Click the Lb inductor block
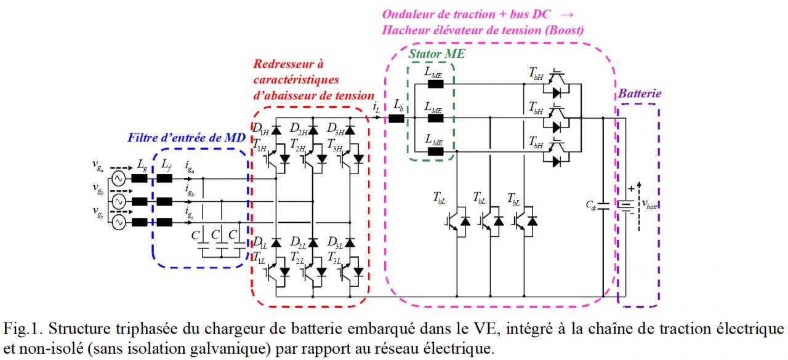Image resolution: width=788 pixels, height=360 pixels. (x=396, y=119)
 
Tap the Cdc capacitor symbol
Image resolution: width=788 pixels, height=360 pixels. (x=603, y=206)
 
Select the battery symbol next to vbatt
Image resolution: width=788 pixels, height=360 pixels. (x=626, y=206)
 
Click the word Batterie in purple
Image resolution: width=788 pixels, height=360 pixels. (x=640, y=94)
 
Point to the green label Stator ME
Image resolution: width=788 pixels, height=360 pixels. (x=436, y=54)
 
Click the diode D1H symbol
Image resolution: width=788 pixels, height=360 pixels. (x=276, y=130)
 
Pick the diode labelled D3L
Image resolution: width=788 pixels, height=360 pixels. (x=350, y=242)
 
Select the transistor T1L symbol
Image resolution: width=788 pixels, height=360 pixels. (x=277, y=272)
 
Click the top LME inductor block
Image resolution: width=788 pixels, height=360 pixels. (x=435, y=84)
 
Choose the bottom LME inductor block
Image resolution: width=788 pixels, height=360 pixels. (x=435, y=151)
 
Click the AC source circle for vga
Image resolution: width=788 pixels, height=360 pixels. (x=119, y=178)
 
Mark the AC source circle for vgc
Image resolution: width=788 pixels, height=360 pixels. (x=119, y=223)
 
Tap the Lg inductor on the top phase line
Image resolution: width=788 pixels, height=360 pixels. (x=139, y=178)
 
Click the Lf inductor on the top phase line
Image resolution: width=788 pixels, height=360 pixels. (x=164, y=178)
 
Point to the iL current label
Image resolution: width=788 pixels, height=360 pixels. (x=376, y=107)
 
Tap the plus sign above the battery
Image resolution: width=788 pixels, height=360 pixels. (x=632, y=189)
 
